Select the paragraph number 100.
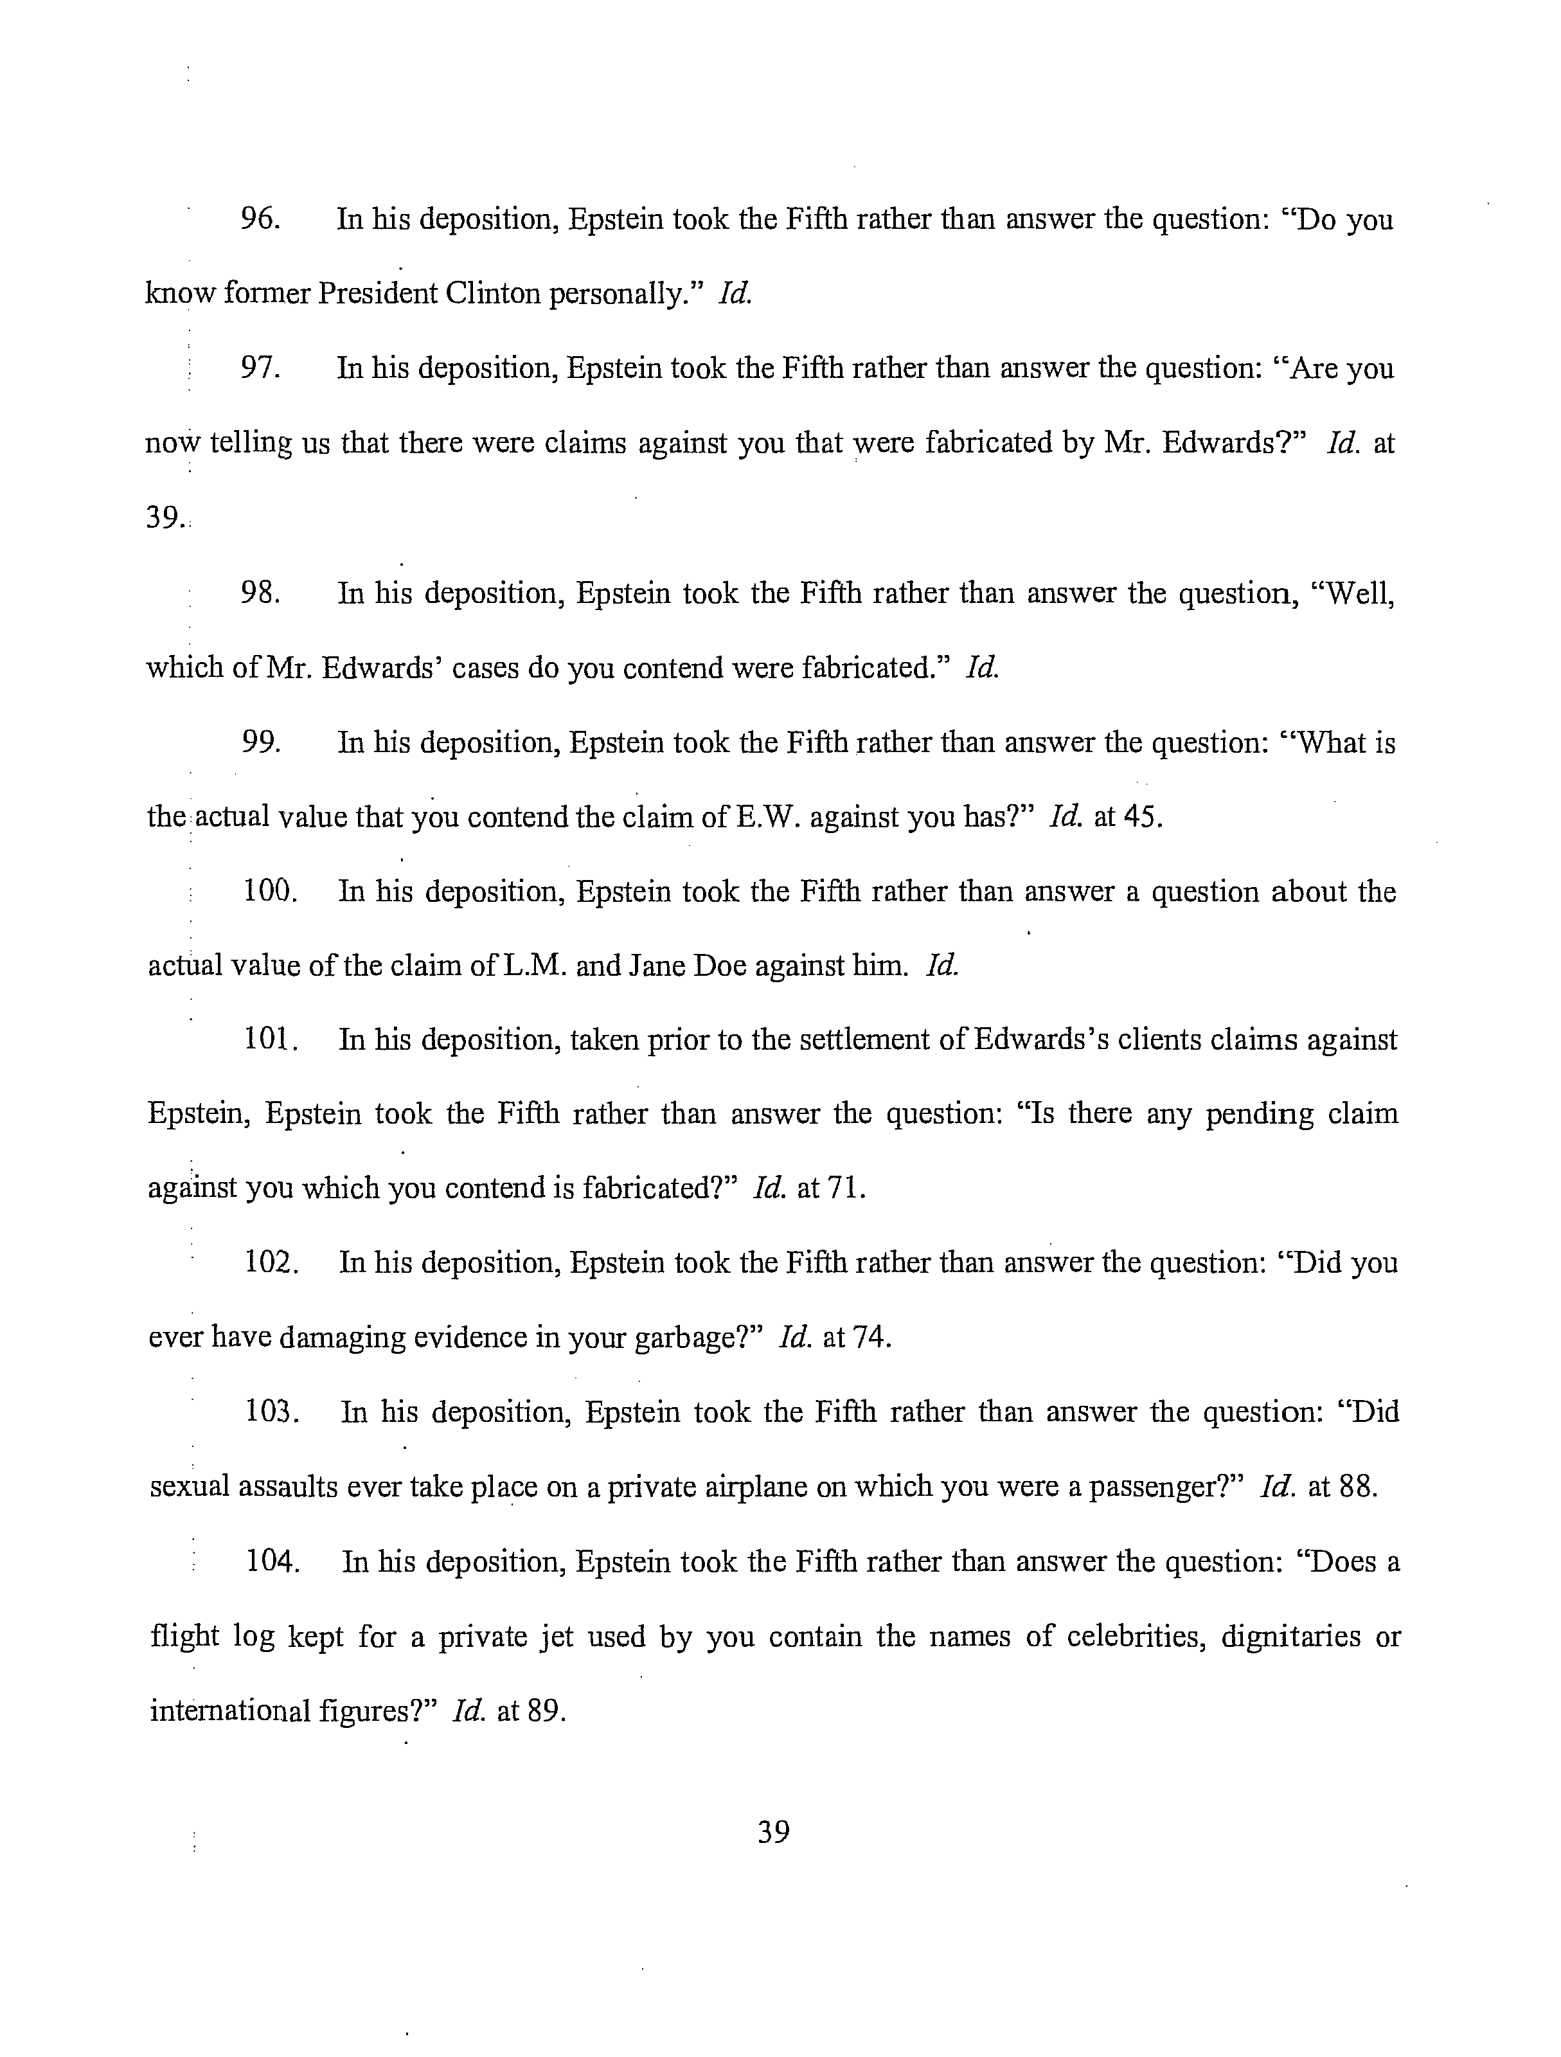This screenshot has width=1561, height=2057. tap(270, 892)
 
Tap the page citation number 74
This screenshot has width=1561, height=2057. tap(871, 1338)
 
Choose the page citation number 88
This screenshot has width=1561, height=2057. tap(1357, 1487)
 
